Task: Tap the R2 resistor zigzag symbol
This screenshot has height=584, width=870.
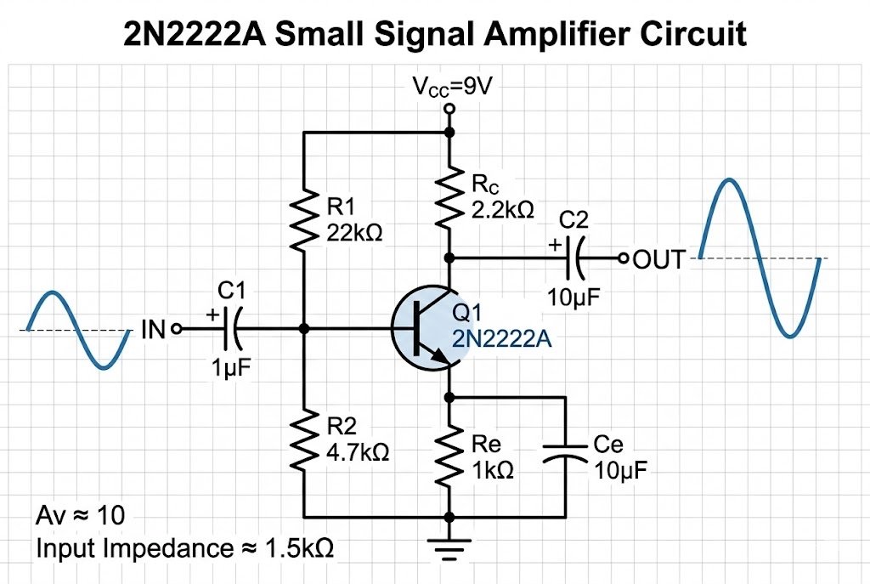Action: coord(303,441)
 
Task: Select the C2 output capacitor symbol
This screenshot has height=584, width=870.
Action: coord(577,257)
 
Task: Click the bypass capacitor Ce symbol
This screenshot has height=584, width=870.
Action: coord(565,456)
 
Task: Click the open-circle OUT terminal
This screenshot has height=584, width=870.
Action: coord(623,257)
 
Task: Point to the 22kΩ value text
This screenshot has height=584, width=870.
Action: coord(353,232)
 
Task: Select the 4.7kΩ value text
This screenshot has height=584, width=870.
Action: coord(357,452)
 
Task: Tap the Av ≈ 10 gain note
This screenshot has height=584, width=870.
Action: coord(81,515)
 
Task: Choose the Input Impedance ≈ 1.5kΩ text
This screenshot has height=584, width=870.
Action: coord(184,548)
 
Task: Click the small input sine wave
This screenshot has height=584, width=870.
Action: coord(78,330)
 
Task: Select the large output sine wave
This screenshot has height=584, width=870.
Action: coord(759,258)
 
